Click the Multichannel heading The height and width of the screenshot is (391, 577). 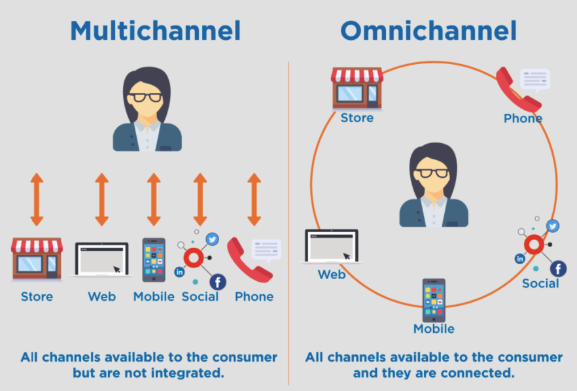coord(155,31)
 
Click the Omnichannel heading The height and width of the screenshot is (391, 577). coord(428,31)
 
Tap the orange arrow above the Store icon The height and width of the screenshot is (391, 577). coord(37,199)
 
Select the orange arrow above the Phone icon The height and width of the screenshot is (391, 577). coord(254,199)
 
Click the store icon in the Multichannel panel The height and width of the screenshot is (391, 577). coord(37,260)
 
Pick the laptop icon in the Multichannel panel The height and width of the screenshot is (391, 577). coord(101,259)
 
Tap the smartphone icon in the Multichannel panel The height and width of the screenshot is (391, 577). coord(154,260)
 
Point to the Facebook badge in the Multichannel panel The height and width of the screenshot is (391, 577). coord(218,282)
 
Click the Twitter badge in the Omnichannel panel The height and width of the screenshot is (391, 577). coord(552,226)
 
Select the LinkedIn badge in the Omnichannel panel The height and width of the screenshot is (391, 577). coord(519,259)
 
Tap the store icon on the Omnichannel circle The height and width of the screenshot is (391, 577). coord(357,88)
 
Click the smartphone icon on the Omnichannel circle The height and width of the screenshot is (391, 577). coord(434,300)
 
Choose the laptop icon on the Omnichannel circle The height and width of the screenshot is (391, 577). coord(332,246)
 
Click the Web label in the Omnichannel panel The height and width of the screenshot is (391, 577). coord(332,275)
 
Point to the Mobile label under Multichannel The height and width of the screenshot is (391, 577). coord(154,296)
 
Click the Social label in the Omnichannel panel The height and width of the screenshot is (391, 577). coord(540,283)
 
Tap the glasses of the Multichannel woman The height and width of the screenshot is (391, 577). coord(145,97)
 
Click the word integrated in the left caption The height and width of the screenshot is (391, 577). coord(183,373)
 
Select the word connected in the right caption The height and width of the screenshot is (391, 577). coord(477,373)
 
